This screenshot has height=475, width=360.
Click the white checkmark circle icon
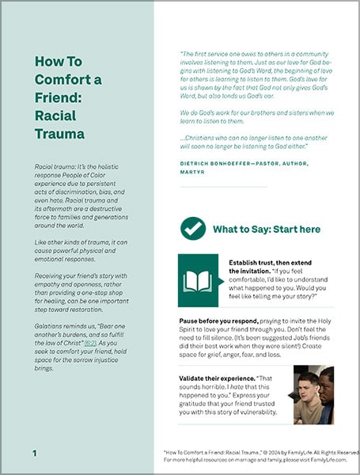[193, 229]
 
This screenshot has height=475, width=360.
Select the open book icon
[199, 282]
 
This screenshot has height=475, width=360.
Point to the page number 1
[35, 453]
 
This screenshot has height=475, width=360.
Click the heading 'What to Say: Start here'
[267, 230]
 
